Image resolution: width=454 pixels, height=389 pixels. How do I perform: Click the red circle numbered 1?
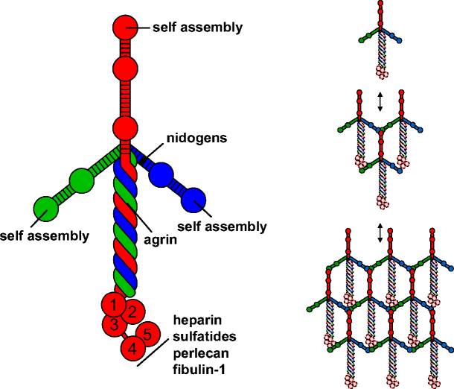pos(112,304)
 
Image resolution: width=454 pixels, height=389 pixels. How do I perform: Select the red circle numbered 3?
pos(112,323)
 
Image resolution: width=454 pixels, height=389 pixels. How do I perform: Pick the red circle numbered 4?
pos(132,347)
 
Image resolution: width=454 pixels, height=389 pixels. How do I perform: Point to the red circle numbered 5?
pos(147,335)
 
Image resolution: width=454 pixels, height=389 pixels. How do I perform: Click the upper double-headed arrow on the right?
pos(380,101)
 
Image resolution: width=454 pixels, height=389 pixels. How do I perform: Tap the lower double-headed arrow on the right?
pos(380,233)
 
